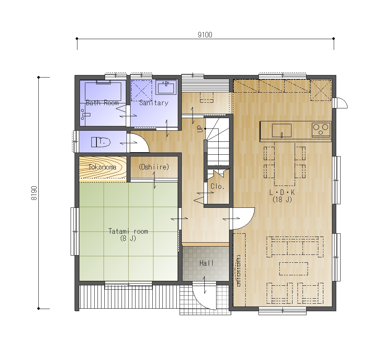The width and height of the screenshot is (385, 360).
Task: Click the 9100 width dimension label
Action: tap(205, 35)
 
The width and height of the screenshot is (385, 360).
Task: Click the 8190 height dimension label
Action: tap(34, 193)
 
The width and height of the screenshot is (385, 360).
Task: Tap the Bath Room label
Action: tap(102, 103)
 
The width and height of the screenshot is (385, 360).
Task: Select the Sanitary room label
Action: tap(154, 103)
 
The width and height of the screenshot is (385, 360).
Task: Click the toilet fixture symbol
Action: tap(101, 142)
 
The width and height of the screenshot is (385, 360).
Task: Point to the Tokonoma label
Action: tap(102, 167)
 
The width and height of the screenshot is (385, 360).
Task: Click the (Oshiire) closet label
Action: tap(154, 167)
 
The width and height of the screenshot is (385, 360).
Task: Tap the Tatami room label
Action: tap(128, 232)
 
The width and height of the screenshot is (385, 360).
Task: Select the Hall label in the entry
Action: tap(206, 263)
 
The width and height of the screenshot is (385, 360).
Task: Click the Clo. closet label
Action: tap(218, 187)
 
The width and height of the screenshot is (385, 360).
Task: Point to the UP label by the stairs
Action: tap(200, 129)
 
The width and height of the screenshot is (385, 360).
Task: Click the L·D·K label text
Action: tap(282, 192)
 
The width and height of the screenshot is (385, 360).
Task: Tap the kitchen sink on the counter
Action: tap(282, 130)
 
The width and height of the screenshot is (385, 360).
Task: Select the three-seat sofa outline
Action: tap(295, 247)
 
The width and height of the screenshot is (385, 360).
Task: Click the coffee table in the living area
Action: tap(294, 268)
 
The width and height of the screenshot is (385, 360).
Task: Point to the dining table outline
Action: tap(285, 164)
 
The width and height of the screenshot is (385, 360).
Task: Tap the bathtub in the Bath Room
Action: tap(103, 91)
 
